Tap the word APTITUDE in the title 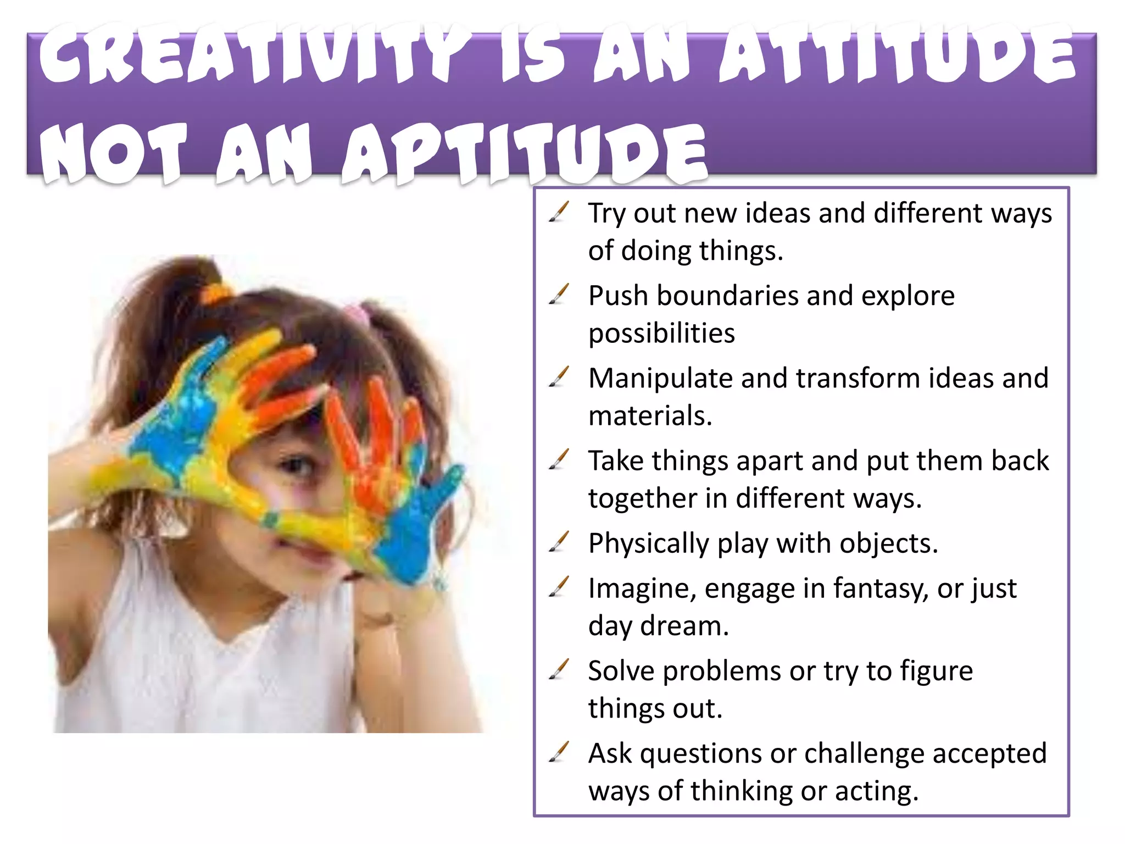click(x=525, y=154)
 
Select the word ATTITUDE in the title click(x=898, y=55)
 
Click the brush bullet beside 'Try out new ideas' click(x=559, y=212)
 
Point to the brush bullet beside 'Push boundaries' click(x=559, y=295)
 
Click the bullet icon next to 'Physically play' click(x=559, y=542)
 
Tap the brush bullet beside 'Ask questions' click(x=559, y=752)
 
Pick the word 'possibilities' click(x=661, y=334)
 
